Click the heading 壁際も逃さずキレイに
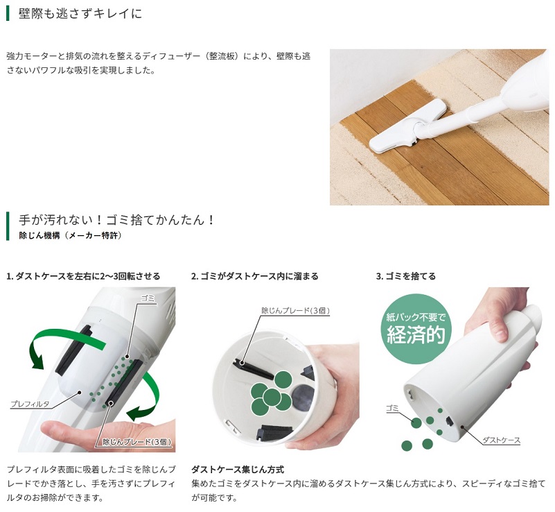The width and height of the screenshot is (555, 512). pyautogui.click(x=80, y=13)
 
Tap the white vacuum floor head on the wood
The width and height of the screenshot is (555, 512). pyautogui.click(x=407, y=128)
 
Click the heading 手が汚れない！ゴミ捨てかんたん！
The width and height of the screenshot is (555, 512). pyautogui.click(x=117, y=220)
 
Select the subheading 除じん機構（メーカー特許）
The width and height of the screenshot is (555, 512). pyautogui.click(x=70, y=236)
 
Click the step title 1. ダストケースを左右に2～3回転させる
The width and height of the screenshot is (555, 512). pyautogui.click(x=83, y=276)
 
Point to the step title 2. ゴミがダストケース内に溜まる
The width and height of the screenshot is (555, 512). pyautogui.click(x=254, y=276)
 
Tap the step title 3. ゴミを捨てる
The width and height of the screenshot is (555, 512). pyautogui.click(x=405, y=276)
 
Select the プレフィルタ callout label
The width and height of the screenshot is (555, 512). pyautogui.click(x=30, y=404)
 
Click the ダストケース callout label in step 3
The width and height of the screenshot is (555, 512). pyautogui.click(x=501, y=440)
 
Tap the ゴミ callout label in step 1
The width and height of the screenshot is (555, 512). pyautogui.click(x=148, y=298)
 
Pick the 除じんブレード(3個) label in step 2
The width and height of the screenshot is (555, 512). pyautogui.click(x=296, y=310)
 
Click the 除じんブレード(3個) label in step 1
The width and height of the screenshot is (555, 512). pyautogui.click(x=137, y=442)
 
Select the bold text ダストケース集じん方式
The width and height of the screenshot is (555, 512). pyautogui.click(x=238, y=470)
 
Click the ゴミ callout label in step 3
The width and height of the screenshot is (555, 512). pyautogui.click(x=392, y=408)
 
